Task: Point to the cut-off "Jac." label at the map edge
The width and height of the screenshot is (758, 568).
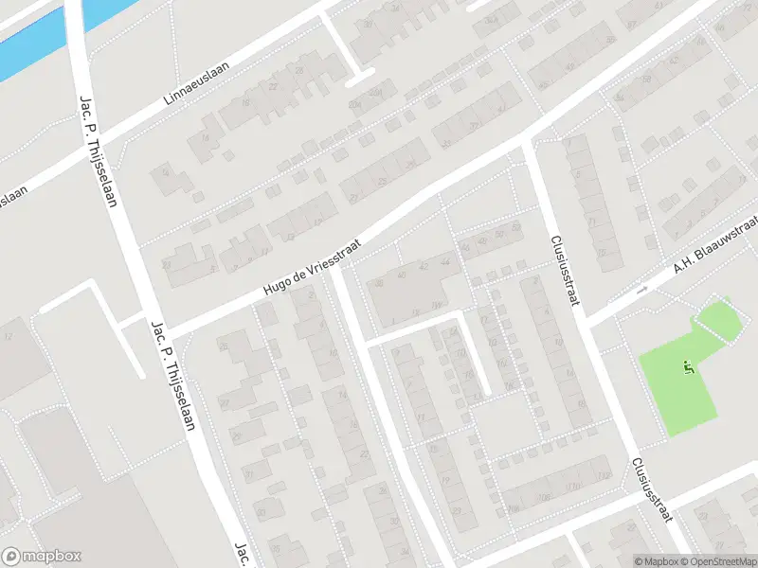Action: point(242,555)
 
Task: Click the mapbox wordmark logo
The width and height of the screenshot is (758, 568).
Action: point(42,557)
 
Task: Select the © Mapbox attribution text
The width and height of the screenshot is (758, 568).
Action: point(656,561)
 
